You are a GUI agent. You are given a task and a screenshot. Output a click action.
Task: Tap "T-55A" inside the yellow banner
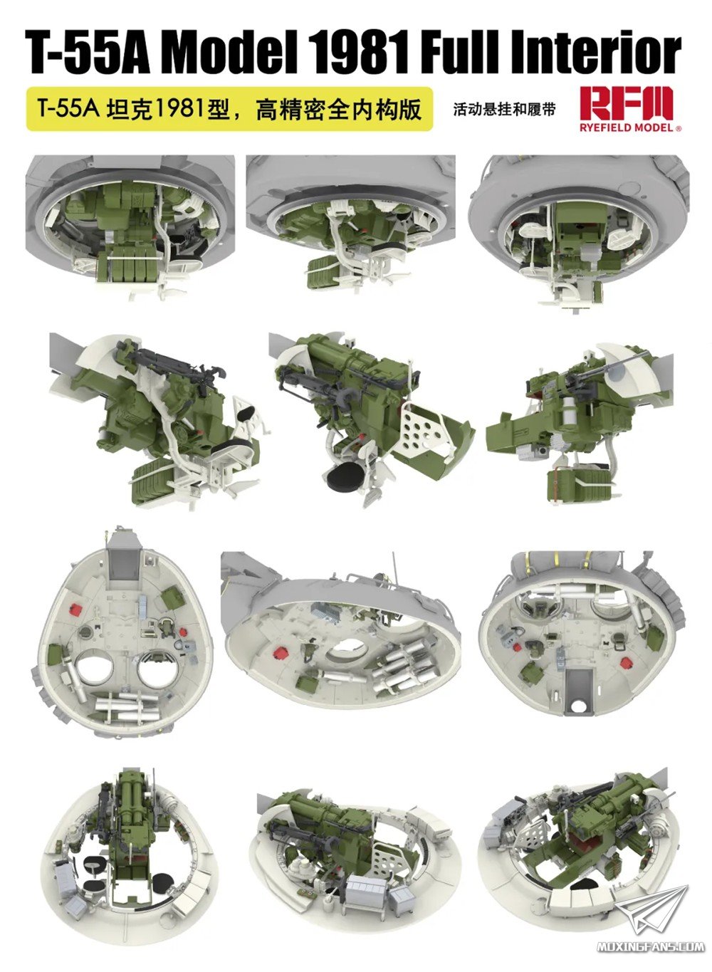pos(68,109)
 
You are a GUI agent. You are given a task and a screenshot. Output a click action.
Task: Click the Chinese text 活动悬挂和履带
pos(503,110)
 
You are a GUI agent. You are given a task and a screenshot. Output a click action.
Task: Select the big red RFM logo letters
pos(626,104)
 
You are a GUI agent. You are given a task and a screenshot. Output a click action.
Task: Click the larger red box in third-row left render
pos(76,609)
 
